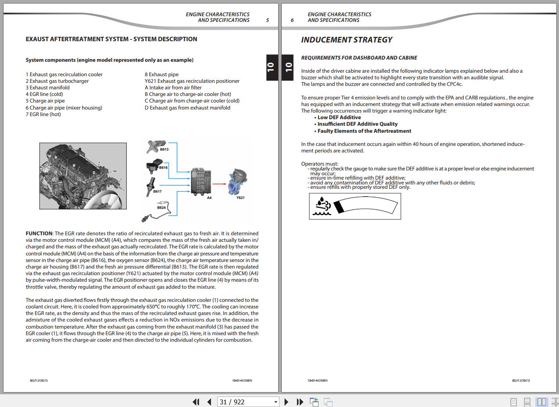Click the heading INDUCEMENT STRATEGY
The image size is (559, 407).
pos(347,40)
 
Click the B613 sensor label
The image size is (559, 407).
pos(164,149)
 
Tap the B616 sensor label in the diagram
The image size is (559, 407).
pos(163,167)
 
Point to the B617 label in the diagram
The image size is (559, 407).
pos(157,191)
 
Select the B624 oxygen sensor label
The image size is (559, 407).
pos(161,208)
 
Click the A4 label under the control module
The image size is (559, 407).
pos(209,198)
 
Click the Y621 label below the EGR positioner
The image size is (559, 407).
pos(240,198)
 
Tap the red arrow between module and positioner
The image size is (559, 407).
pos(219,184)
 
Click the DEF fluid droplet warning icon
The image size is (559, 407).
pos(322,206)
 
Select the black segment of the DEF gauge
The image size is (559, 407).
pos(339,206)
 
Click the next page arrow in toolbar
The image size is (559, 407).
pos(287,402)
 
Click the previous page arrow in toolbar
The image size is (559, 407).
pos(209,402)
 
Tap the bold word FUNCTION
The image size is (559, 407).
pos(39,234)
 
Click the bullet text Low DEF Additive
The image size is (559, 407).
pos(339,117)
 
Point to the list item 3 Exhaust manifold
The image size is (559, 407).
pos(47,88)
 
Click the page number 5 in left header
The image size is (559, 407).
pos(267,20)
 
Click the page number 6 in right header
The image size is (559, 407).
pos(292,20)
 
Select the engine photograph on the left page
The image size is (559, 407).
pos(83,176)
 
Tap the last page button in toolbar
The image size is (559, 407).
pos(300,402)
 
